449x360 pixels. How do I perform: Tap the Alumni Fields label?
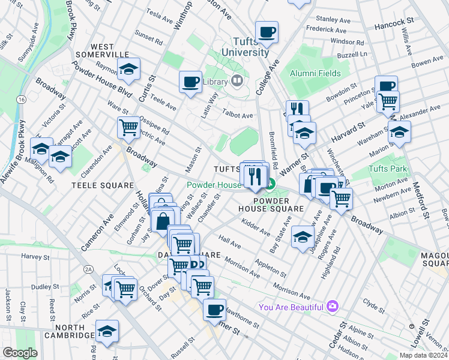pyautogui.click(x=315, y=73)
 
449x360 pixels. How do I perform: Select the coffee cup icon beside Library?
pyautogui.click(x=191, y=82)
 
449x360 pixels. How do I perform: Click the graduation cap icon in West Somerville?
pyautogui.click(x=128, y=70)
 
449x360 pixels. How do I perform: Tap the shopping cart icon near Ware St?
pyautogui.click(x=128, y=127)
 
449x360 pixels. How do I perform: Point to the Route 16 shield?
pyautogui.click(x=22, y=98)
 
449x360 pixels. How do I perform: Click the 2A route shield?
pyautogui.click(x=89, y=270)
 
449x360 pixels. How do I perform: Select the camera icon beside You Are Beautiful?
pyautogui.click(x=333, y=307)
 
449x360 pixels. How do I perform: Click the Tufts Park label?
pyautogui.click(x=387, y=169)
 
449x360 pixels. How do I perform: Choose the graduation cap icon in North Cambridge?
pyautogui.click(x=107, y=331)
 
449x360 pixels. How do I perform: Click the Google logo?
pyautogui.click(x=20, y=353)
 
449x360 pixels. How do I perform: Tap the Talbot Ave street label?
pyautogui.click(x=238, y=115)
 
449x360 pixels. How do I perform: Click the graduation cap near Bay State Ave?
pyautogui.click(x=303, y=235)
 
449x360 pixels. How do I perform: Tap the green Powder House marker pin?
pyautogui.click(x=271, y=185)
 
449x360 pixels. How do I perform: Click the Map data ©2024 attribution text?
pyautogui.click(x=423, y=355)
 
